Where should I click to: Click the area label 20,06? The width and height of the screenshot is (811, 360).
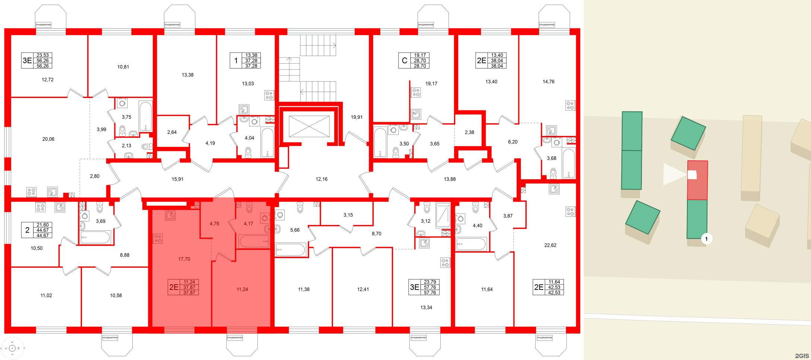48,139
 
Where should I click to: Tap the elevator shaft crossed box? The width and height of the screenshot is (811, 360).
309,126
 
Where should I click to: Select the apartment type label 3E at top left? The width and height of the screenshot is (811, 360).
27,60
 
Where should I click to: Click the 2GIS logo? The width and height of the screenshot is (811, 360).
801,356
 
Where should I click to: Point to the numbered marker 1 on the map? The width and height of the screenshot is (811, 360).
706,239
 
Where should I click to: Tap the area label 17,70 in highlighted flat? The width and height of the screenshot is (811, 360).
184,259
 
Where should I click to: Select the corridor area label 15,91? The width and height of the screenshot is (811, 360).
177,179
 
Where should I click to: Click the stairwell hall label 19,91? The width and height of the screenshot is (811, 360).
357,117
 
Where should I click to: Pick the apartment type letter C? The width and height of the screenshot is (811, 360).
404,60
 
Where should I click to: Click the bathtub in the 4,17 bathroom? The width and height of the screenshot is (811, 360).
254,241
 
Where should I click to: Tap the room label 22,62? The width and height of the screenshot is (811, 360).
550,245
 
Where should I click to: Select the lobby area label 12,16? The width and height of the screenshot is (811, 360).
321,179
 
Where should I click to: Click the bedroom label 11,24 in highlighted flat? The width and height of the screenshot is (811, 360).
242,289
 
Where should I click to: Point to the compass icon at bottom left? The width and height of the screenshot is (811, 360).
12,348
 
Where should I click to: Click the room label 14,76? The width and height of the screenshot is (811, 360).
548,82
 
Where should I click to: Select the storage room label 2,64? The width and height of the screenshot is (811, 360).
172,132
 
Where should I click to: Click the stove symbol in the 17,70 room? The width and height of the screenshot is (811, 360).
158,239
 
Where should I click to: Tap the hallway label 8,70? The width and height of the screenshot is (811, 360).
376,234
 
